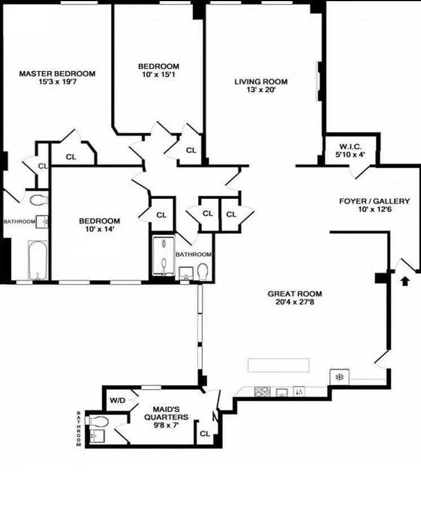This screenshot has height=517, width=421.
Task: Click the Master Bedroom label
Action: click(x=58, y=73)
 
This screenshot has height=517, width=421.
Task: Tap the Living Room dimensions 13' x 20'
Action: click(x=261, y=90)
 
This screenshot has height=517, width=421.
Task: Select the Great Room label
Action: click(x=295, y=294)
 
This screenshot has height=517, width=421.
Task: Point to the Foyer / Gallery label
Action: click(x=375, y=201)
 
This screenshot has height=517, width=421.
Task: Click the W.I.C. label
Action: click(x=350, y=147)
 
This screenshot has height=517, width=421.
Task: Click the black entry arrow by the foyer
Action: click(x=405, y=281)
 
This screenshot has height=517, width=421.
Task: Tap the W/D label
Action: click(x=118, y=401)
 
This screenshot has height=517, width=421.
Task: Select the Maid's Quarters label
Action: click(x=166, y=413)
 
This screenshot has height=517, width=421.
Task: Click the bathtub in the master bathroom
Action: click(x=38, y=261)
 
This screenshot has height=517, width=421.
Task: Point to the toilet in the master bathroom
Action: click(x=38, y=200)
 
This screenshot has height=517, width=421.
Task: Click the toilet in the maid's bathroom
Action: click(x=97, y=421)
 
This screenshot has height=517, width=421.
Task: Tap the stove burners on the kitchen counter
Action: click(x=262, y=392)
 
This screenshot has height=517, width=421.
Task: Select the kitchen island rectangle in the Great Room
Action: click(x=279, y=365)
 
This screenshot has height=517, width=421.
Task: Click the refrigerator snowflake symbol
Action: click(x=339, y=377)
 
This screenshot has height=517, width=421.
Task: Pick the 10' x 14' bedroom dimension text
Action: click(x=99, y=229)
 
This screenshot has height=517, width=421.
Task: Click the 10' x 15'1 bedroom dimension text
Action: click(x=159, y=75)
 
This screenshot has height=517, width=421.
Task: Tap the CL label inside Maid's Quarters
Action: click(x=205, y=433)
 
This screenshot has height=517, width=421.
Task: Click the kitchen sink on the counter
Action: click(x=282, y=392)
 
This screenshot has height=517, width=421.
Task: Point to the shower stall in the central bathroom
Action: click(x=164, y=255)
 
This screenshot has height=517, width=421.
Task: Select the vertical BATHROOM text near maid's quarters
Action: click(x=78, y=428)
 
